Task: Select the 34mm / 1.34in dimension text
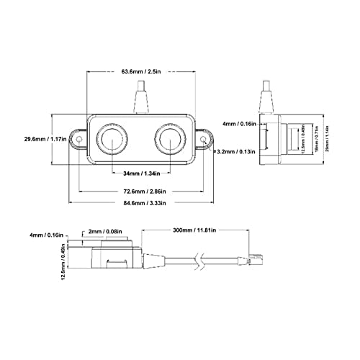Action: [x=143, y=174]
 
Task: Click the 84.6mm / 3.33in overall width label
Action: [x=143, y=204]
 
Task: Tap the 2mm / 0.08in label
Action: [x=100, y=233]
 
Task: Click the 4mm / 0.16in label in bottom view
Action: [x=45, y=235]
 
